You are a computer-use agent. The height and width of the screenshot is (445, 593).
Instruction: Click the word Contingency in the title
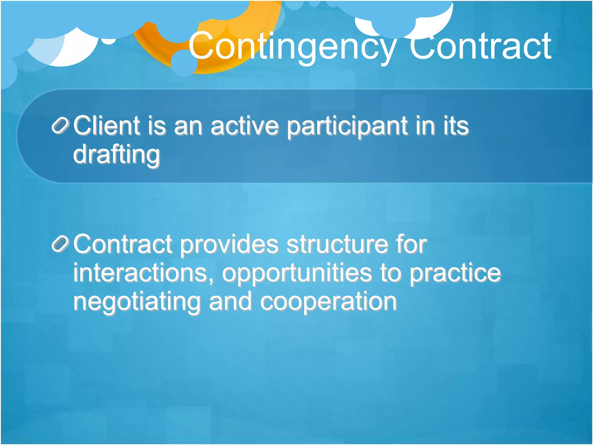coord(292,46)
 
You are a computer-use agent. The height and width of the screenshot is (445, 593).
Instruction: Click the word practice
coord(455,273)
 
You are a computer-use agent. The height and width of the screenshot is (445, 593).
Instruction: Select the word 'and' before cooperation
coord(230,302)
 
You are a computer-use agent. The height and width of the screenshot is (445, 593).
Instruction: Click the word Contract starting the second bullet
coord(123,244)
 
